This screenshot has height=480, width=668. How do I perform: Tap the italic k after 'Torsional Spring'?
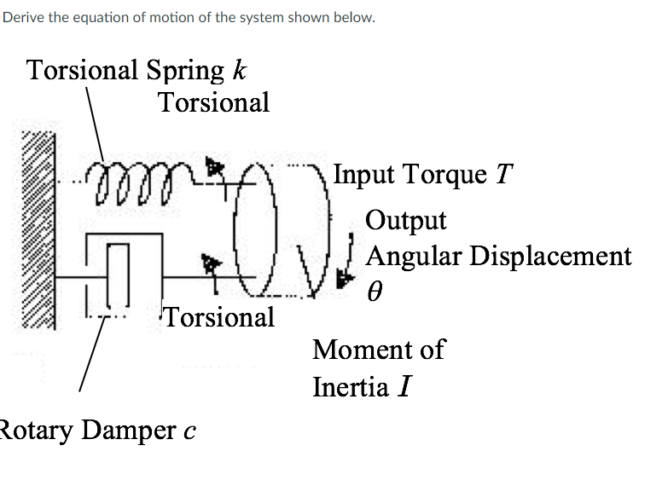(x=240, y=69)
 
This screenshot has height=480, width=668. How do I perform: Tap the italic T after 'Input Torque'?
(x=504, y=175)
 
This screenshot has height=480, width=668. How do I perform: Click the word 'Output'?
(x=405, y=221)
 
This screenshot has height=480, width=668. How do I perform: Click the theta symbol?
(x=373, y=292)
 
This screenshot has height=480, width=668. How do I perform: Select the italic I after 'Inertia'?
(x=404, y=388)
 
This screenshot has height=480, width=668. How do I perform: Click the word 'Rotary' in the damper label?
(x=35, y=431)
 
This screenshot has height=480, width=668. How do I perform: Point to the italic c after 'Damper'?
(x=189, y=432)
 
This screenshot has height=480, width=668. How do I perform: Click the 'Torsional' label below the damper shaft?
(x=219, y=317)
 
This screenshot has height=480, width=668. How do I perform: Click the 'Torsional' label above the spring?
(x=213, y=102)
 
